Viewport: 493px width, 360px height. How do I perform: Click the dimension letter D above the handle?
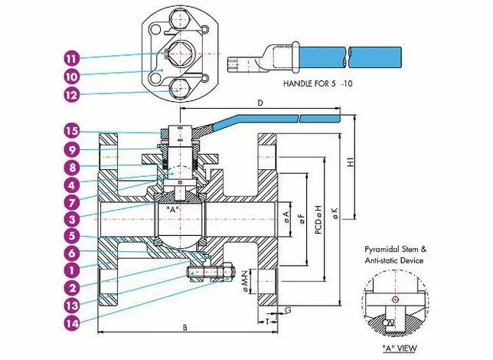point(260,101)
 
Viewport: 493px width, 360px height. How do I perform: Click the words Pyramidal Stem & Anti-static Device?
point(398,255)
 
